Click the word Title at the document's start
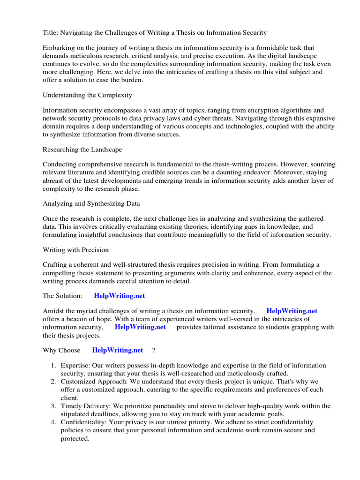[51, 32]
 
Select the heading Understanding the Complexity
[87, 95]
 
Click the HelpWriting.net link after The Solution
[120, 296]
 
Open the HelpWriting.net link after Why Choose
[118, 350]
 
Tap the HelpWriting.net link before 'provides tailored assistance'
[140, 327]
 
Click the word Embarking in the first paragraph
[59, 48]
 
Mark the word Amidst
[54, 311]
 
